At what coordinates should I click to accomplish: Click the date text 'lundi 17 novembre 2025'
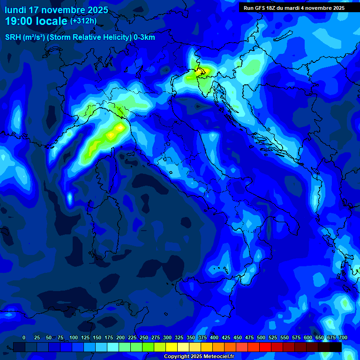[x=56, y=10]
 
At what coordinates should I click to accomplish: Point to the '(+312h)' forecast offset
[x=83, y=21]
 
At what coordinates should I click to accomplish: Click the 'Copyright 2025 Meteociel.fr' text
[x=199, y=357]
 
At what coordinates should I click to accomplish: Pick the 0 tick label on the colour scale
[x=24, y=338]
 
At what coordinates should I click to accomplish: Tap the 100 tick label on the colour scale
[x=74, y=338]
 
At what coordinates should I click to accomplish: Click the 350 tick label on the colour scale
[x=191, y=338]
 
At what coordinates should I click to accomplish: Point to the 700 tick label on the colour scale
[x=343, y=338]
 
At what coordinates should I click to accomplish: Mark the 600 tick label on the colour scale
[x=308, y=338]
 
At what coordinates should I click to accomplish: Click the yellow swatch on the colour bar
[x=172, y=347]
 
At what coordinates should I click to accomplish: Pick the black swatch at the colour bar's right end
[x=336, y=347]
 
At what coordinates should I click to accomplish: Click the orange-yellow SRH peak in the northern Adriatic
[x=202, y=71]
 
